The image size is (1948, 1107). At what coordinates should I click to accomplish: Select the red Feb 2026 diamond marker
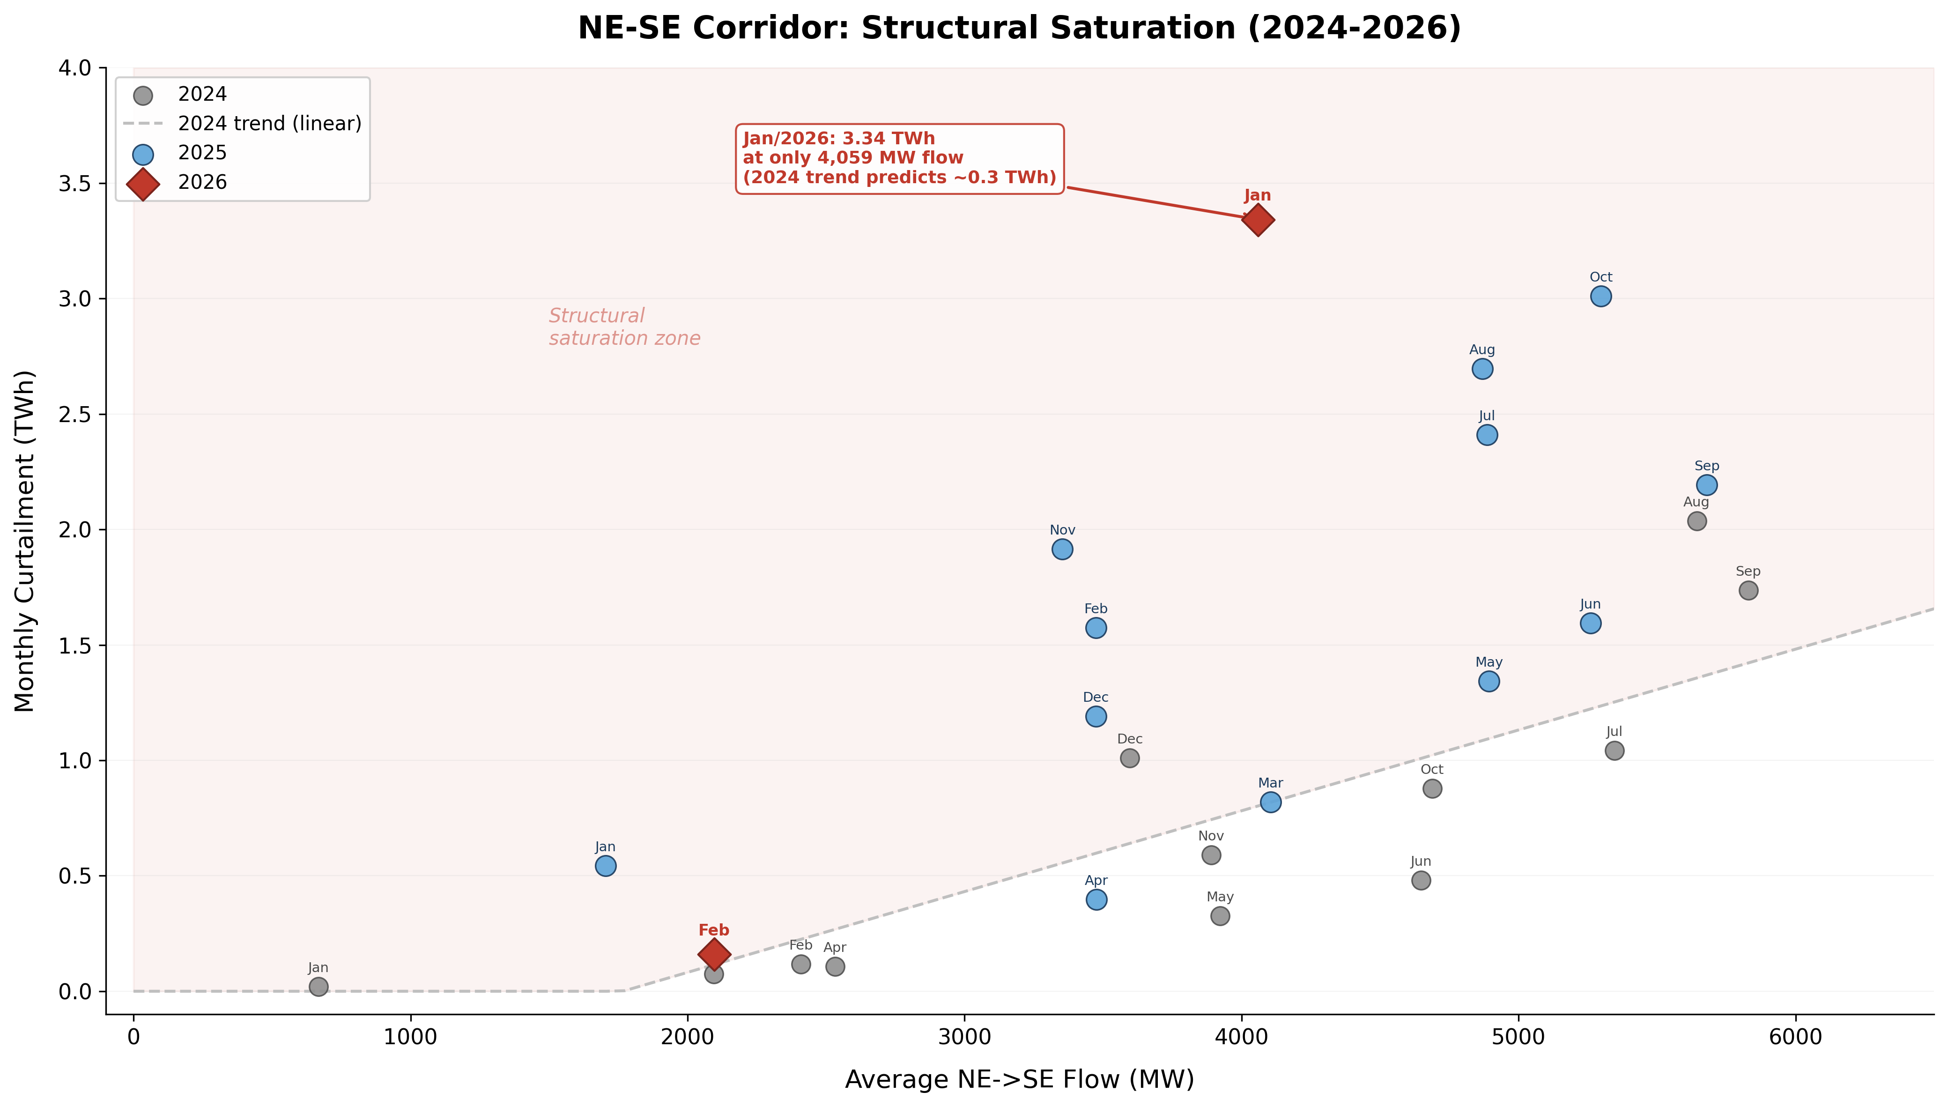714,953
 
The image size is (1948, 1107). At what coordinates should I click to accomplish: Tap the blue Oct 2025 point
1600,296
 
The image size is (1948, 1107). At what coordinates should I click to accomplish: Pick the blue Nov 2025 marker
1063,549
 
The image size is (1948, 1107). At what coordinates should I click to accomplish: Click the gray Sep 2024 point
1748,590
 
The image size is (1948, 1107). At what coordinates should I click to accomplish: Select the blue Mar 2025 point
1271,802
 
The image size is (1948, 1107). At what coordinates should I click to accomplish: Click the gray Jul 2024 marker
1615,750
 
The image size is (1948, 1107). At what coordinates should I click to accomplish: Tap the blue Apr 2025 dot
1096,899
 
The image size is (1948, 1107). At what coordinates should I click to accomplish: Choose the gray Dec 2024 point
1129,758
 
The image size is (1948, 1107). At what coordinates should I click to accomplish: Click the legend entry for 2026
202,183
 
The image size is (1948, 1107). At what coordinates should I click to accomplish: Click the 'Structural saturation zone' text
624,327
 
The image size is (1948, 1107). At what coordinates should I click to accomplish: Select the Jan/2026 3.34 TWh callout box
899,158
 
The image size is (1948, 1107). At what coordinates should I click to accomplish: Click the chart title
1019,28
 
